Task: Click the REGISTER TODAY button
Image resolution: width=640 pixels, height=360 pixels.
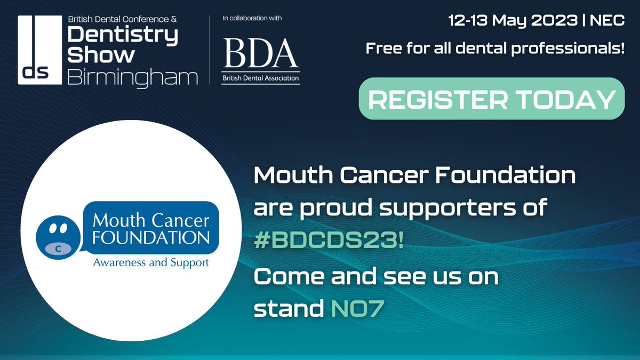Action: pyautogui.click(x=491, y=99)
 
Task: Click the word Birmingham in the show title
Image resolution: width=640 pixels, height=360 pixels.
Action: pyautogui.click(x=132, y=78)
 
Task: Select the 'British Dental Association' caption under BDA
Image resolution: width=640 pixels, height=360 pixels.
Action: pyautogui.click(x=261, y=78)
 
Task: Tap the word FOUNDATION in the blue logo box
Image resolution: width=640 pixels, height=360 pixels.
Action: pyautogui.click(x=150, y=236)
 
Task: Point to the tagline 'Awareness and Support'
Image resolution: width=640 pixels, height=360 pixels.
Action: pyautogui.click(x=150, y=262)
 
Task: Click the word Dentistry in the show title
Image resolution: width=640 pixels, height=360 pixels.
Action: pyautogui.click(x=123, y=35)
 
